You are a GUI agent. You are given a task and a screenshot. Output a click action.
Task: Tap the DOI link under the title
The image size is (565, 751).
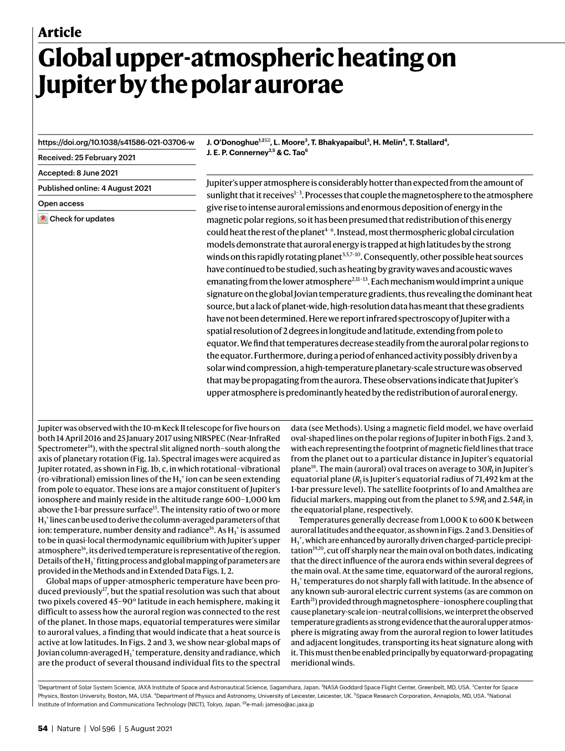[116, 142]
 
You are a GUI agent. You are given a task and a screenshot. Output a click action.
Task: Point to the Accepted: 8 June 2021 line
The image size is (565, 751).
[78, 173]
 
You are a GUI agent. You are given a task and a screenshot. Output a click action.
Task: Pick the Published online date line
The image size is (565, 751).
[94, 188]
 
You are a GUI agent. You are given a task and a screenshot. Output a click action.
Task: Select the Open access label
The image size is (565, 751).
[61, 203]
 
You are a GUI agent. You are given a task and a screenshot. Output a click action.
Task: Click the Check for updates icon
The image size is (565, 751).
[43, 219]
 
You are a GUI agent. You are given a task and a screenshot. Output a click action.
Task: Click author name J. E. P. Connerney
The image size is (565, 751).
[236, 154]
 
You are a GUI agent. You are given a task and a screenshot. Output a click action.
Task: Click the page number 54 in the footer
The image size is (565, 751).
[42, 729]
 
